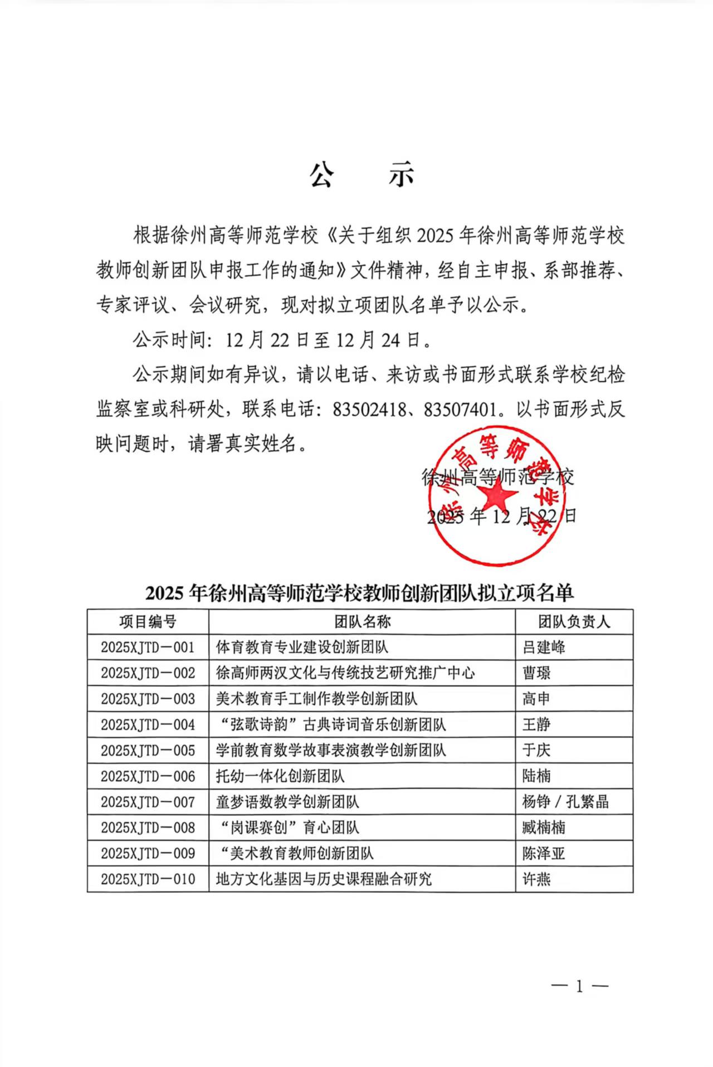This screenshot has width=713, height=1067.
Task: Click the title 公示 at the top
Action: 362,175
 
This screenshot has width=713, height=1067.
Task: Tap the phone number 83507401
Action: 460,410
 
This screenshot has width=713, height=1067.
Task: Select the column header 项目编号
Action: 148,622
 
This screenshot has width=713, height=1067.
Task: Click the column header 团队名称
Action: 362,622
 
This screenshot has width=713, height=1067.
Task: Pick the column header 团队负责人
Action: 574,622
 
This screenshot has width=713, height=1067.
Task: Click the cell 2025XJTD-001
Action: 148,647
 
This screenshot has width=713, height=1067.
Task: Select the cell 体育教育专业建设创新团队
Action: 302,647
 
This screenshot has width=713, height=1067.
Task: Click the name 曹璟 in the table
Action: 536,673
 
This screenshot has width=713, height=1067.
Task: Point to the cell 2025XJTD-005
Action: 148,751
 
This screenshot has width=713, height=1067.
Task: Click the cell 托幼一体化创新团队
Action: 280,776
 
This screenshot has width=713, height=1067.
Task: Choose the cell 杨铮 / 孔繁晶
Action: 565,802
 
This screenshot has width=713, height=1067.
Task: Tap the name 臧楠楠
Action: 544,827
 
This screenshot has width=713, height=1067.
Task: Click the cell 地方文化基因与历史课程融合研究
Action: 324,879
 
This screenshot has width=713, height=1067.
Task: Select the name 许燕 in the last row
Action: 536,879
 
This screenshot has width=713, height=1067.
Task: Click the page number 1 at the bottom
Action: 579,987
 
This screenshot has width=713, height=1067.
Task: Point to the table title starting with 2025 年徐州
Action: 360,593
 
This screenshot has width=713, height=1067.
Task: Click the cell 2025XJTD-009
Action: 148,854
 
